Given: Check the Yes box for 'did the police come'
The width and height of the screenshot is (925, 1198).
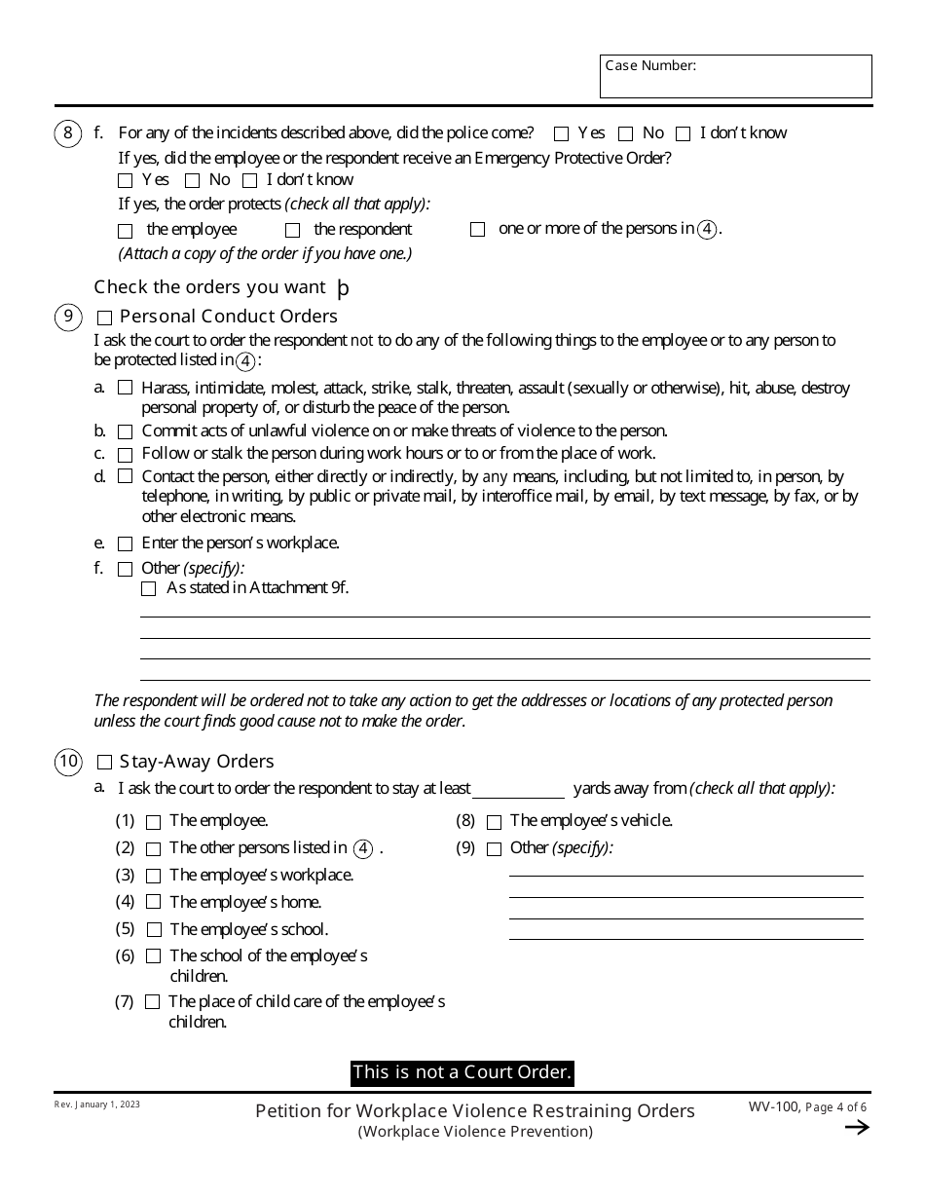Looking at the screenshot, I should pos(562,133).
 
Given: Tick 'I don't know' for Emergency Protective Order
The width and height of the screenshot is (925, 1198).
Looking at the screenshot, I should pos(250,180).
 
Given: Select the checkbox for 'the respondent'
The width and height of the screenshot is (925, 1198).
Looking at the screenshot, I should pos(292,231).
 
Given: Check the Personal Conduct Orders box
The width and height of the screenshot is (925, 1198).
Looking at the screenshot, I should pos(105,318).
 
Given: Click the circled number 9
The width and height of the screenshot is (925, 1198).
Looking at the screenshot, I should pos(68,317).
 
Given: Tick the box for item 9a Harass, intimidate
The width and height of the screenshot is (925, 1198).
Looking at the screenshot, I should pos(125,388).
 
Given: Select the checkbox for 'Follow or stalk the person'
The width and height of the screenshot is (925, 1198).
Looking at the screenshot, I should pos(125,455).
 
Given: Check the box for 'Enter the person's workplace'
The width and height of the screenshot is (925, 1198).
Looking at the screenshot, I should pos(125,543).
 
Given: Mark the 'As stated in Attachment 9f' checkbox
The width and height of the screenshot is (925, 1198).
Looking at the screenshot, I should pos(148,588).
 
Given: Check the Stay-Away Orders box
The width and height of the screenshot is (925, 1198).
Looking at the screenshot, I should pos(105,763).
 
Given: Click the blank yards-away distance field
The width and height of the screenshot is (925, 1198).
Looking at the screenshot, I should pos(518,789).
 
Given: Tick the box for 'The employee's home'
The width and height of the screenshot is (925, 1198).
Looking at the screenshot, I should pos(154,903).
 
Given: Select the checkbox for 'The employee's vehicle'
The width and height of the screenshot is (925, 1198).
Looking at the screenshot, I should pos(494,822).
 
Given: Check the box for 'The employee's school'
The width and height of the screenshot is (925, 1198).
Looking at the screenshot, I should pos(154,930).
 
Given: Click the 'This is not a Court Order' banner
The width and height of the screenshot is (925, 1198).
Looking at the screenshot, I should pos(462,1072).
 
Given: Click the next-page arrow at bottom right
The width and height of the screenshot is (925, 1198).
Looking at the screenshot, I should pos(856,1128).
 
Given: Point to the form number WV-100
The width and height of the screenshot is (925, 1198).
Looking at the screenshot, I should pos(773,1107).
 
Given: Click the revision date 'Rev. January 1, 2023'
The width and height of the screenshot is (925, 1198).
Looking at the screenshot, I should pos(97,1105).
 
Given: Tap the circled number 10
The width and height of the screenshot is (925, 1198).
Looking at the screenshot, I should pos(68,762).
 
